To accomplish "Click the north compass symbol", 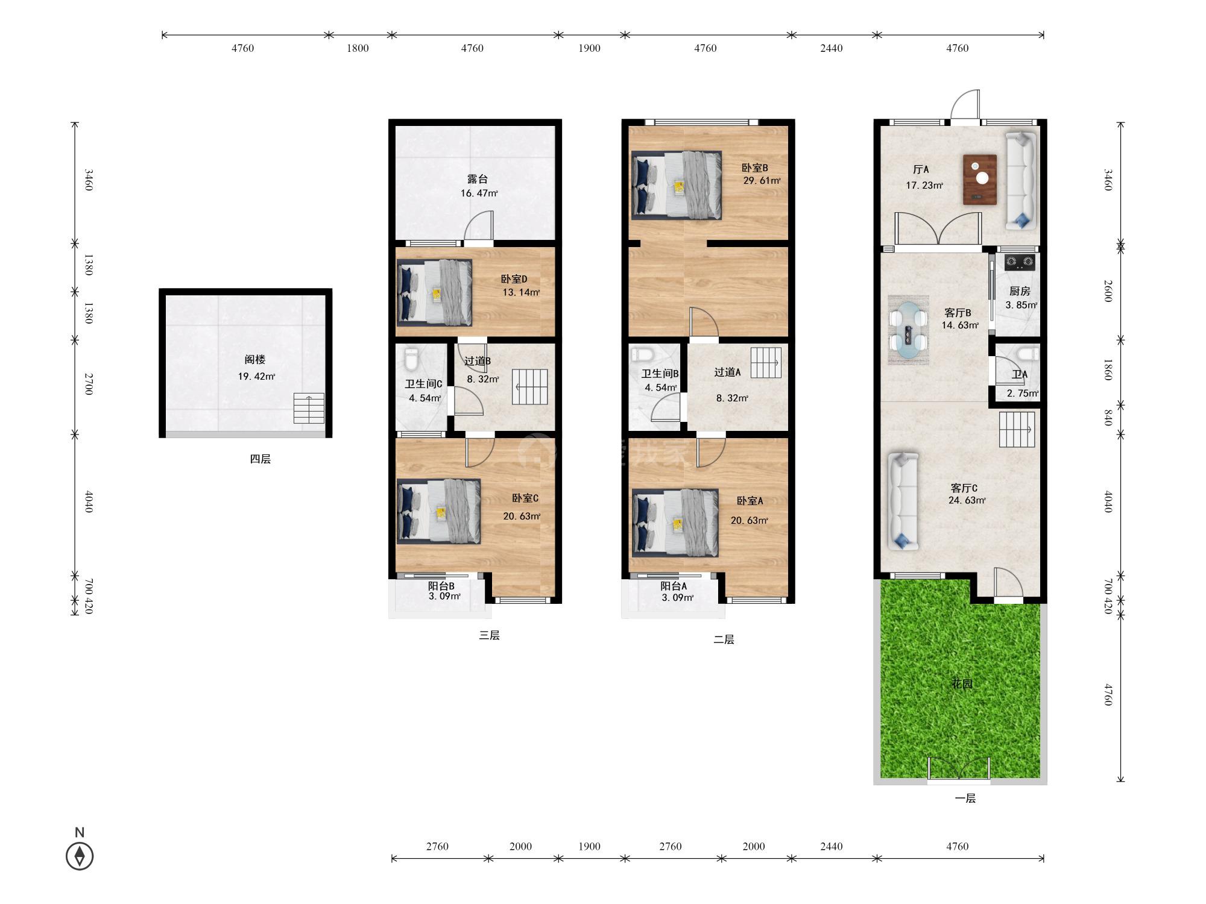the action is tap(80, 856).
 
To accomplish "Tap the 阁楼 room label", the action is tap(255, 360).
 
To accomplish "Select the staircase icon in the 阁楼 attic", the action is tap(309, 408).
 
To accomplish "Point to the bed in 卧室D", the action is tap(434, 292).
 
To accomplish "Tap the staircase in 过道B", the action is tap(530, 386).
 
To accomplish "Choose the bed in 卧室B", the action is tap(677, 185).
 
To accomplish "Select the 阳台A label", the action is tap(674, 586).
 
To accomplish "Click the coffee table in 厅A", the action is tap(980, 180).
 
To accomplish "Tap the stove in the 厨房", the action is tap(1020, 262).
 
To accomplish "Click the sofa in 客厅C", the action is tap(903, 501).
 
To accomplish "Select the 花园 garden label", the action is tap(962, 684).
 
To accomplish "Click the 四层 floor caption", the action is tap(260, 459).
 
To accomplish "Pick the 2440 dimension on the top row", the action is tap(832, 48).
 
